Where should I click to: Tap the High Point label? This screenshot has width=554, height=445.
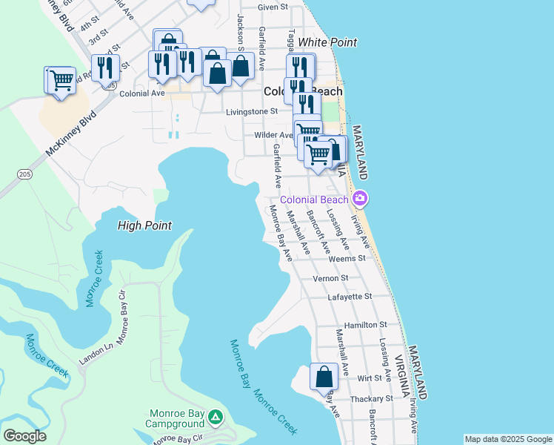(144, 225)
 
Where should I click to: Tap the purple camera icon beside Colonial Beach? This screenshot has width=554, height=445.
(360, 199)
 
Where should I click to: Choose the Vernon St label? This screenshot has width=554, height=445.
(330, 278)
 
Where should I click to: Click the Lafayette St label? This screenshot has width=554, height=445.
(349, 297)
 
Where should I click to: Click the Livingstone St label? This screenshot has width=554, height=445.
(251, 112)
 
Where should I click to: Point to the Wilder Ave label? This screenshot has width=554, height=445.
(273, 135)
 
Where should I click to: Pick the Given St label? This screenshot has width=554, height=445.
(273, 7)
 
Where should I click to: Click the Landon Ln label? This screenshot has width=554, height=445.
(96, 355)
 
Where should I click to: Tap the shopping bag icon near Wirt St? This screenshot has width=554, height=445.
(324, 377)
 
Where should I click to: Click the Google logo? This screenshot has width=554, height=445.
(24, 435)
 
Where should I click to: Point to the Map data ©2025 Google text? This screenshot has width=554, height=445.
(507, 439)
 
